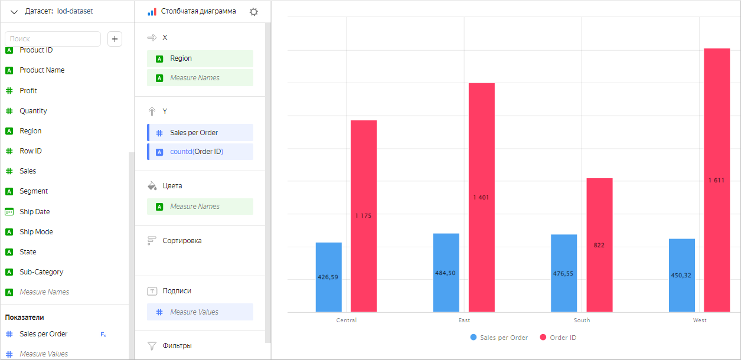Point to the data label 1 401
[481, 197]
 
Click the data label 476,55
[564, 273]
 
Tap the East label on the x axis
[464, 320]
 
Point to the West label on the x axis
[700, 320]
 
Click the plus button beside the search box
[115, 39]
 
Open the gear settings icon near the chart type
[254, 12]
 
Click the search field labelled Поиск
[53, 39]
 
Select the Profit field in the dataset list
[28, 91]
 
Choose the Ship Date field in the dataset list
[35, 212]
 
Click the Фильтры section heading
[177, 346]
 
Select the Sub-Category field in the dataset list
[41, 272]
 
